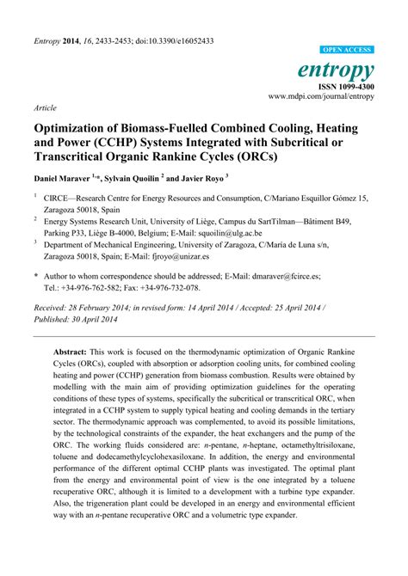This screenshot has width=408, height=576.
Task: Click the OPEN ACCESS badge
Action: [348, 50]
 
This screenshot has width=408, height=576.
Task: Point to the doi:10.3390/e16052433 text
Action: [171, 40]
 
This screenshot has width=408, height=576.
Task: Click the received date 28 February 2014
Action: [112, 306]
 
